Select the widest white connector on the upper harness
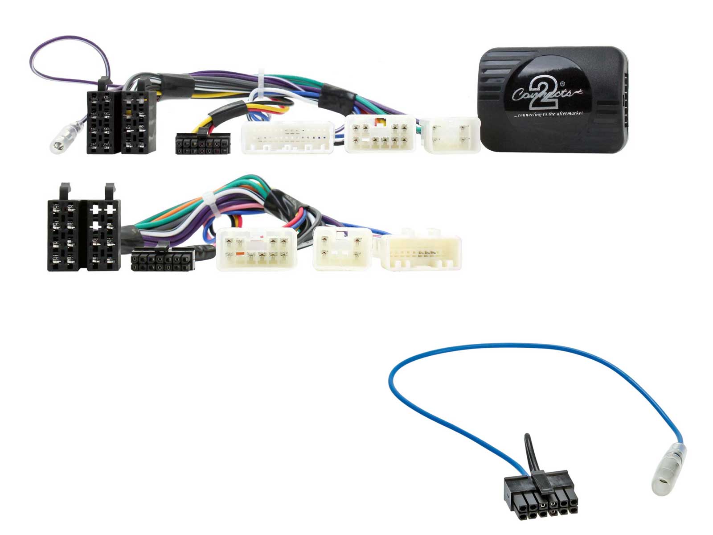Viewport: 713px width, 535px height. click(x=287, y=137)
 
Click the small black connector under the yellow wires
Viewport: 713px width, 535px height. click(x=203, y=144)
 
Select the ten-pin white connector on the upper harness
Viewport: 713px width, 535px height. click(x=380, y=134)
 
